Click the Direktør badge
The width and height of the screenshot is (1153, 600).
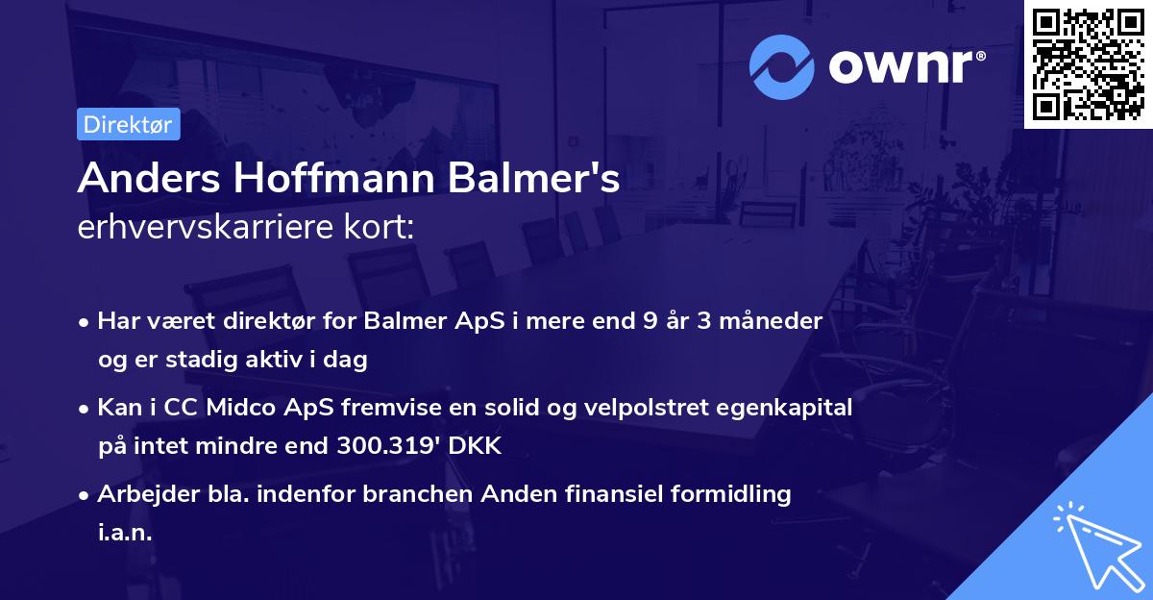(x=128, y=124)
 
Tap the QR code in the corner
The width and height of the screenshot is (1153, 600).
(x=1088, y=63)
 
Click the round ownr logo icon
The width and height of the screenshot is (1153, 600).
(x=781, y=66)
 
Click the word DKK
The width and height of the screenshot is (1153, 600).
(x=476, y=446)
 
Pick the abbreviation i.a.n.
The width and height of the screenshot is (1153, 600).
(x=125, y=533)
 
